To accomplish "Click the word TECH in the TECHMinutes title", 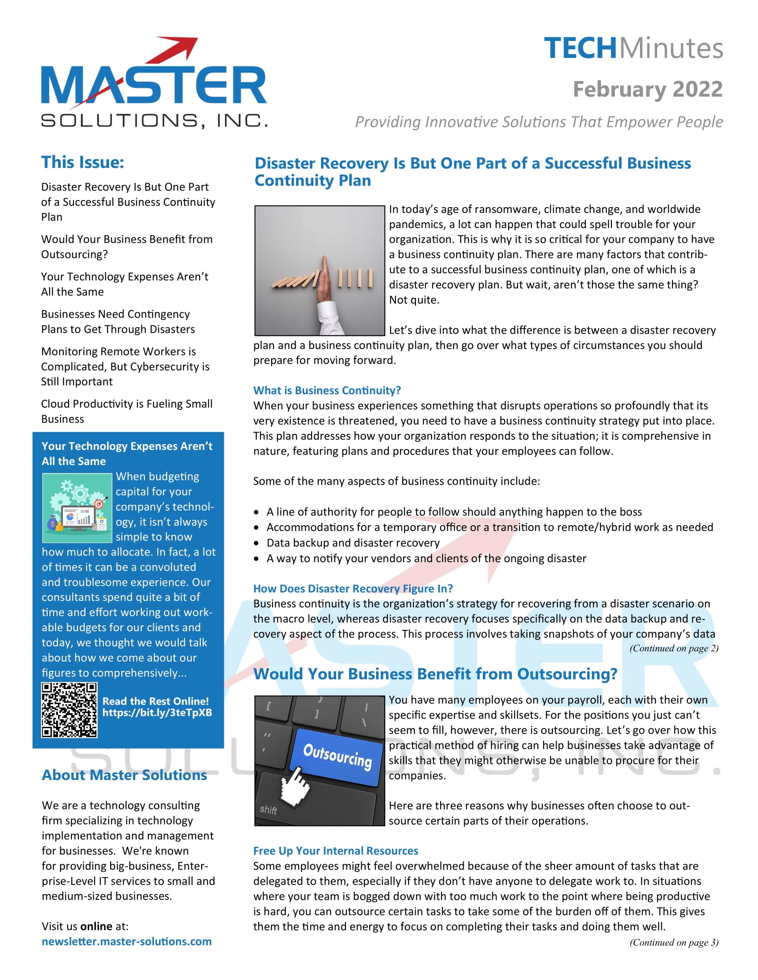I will click(x=580, y=49).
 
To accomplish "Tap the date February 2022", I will click(x=647, y=89).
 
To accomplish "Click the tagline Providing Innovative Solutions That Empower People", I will click(x=539, y=122).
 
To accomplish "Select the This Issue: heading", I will click(x=82, y=163).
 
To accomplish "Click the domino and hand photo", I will click(x=319, y=270).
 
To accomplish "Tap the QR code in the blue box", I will click(x=69, y=710).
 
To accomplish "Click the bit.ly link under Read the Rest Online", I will click(x=157, y=713).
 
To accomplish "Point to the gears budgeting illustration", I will click(x=77, y=508).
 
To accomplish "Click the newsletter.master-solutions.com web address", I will click(x=127, y=941).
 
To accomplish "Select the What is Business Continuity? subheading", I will click(x=326, y=390).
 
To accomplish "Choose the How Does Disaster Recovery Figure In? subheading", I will click(x=353, y=588).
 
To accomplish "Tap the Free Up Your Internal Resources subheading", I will click(x=335, y=851).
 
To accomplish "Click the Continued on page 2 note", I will click(x=674, y=649).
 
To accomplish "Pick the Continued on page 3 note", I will click(x=674, y=942).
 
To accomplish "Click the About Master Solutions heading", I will click(x=124, y=775).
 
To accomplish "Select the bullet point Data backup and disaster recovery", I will click(x=353, y=543).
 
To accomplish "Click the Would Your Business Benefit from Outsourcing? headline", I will click(x=435, y=674).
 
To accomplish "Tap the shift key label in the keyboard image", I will click(x=268, y=809).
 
